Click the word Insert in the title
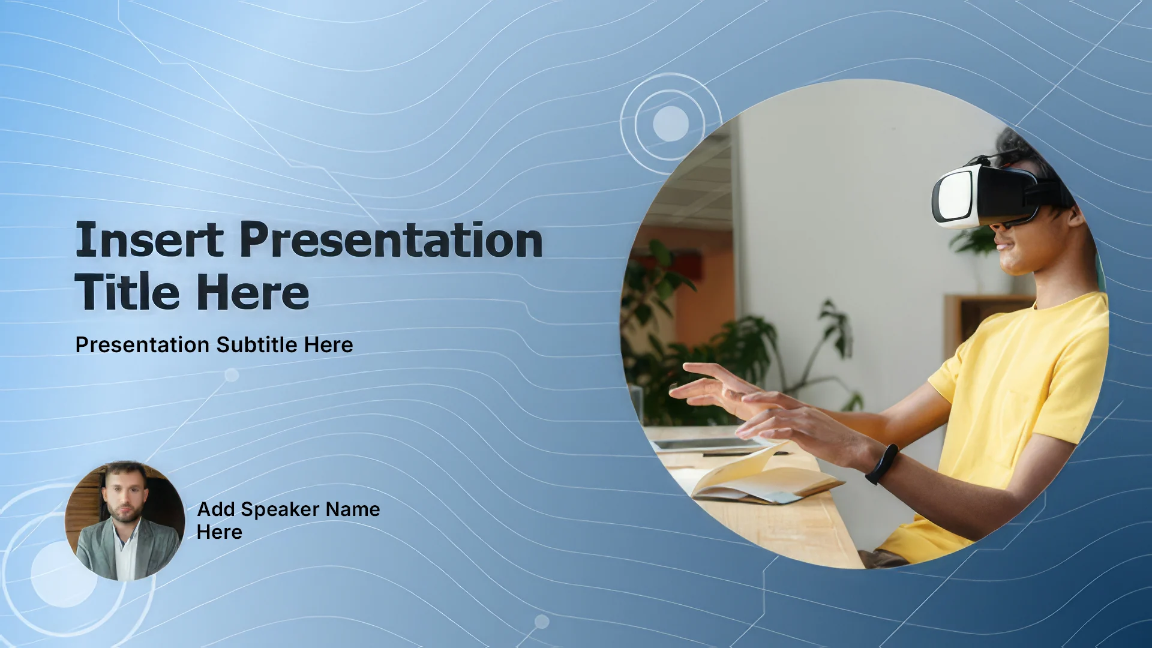point(149,239)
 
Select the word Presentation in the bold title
point(391,239)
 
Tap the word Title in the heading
point(127,292)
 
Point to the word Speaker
point(280,510)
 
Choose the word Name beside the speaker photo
point(353,509)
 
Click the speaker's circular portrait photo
point(125,521)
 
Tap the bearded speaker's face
point(125,494)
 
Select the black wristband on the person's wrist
point(881,464)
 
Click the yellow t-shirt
point(1008,420)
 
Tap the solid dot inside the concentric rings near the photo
point(671,124)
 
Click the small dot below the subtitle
point(232,376)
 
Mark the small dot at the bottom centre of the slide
point(542,622)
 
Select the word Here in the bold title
point(253,292)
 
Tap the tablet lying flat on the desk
point(708,445)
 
